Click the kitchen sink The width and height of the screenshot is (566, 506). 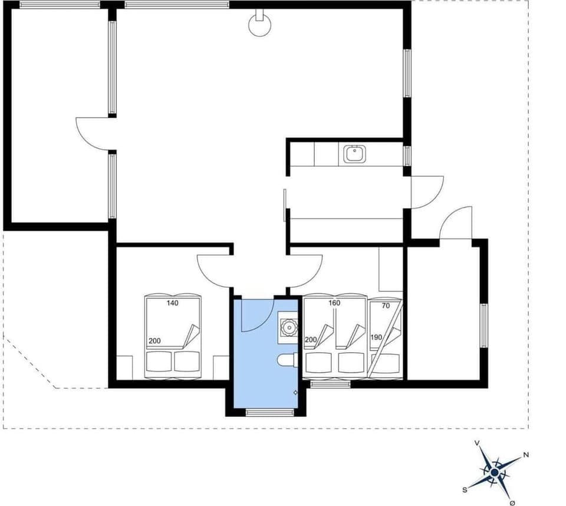(x=355, y=155)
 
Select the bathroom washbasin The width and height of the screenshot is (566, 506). (x=289, y=327)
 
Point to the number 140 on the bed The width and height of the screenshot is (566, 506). (x=172, y=303)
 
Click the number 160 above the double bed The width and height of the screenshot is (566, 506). (x=334, y=303)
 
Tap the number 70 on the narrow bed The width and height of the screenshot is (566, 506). (x=386, y=306)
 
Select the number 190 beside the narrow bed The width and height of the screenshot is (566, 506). (x=377, y=337)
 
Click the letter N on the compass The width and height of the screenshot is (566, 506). (x=526, y=455)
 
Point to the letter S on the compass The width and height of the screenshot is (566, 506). (x=465, y=489)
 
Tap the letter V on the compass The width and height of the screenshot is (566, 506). (x=477, y=442)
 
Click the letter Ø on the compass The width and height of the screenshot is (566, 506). (x=512, y=502)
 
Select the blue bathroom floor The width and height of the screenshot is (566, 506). (x=259, y=366)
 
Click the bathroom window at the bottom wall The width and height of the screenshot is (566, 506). (x=269, y=412)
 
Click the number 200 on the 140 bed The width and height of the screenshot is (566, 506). (x=154, y=341)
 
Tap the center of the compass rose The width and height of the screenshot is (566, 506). (x=494, y=472)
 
